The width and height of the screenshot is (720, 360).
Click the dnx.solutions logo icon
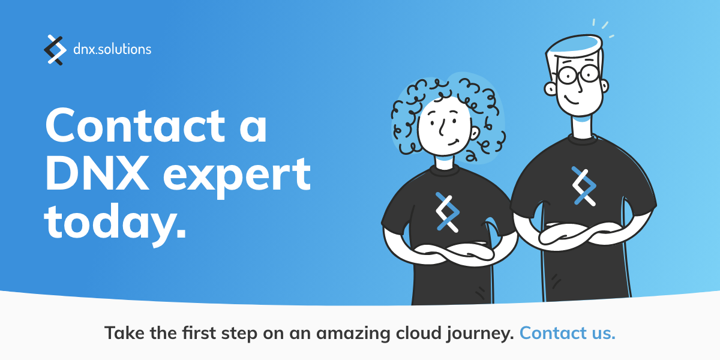tap(55, 50)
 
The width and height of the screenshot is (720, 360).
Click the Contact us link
tap(567, 333)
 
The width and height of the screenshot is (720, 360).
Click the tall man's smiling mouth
tap(573, 99)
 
